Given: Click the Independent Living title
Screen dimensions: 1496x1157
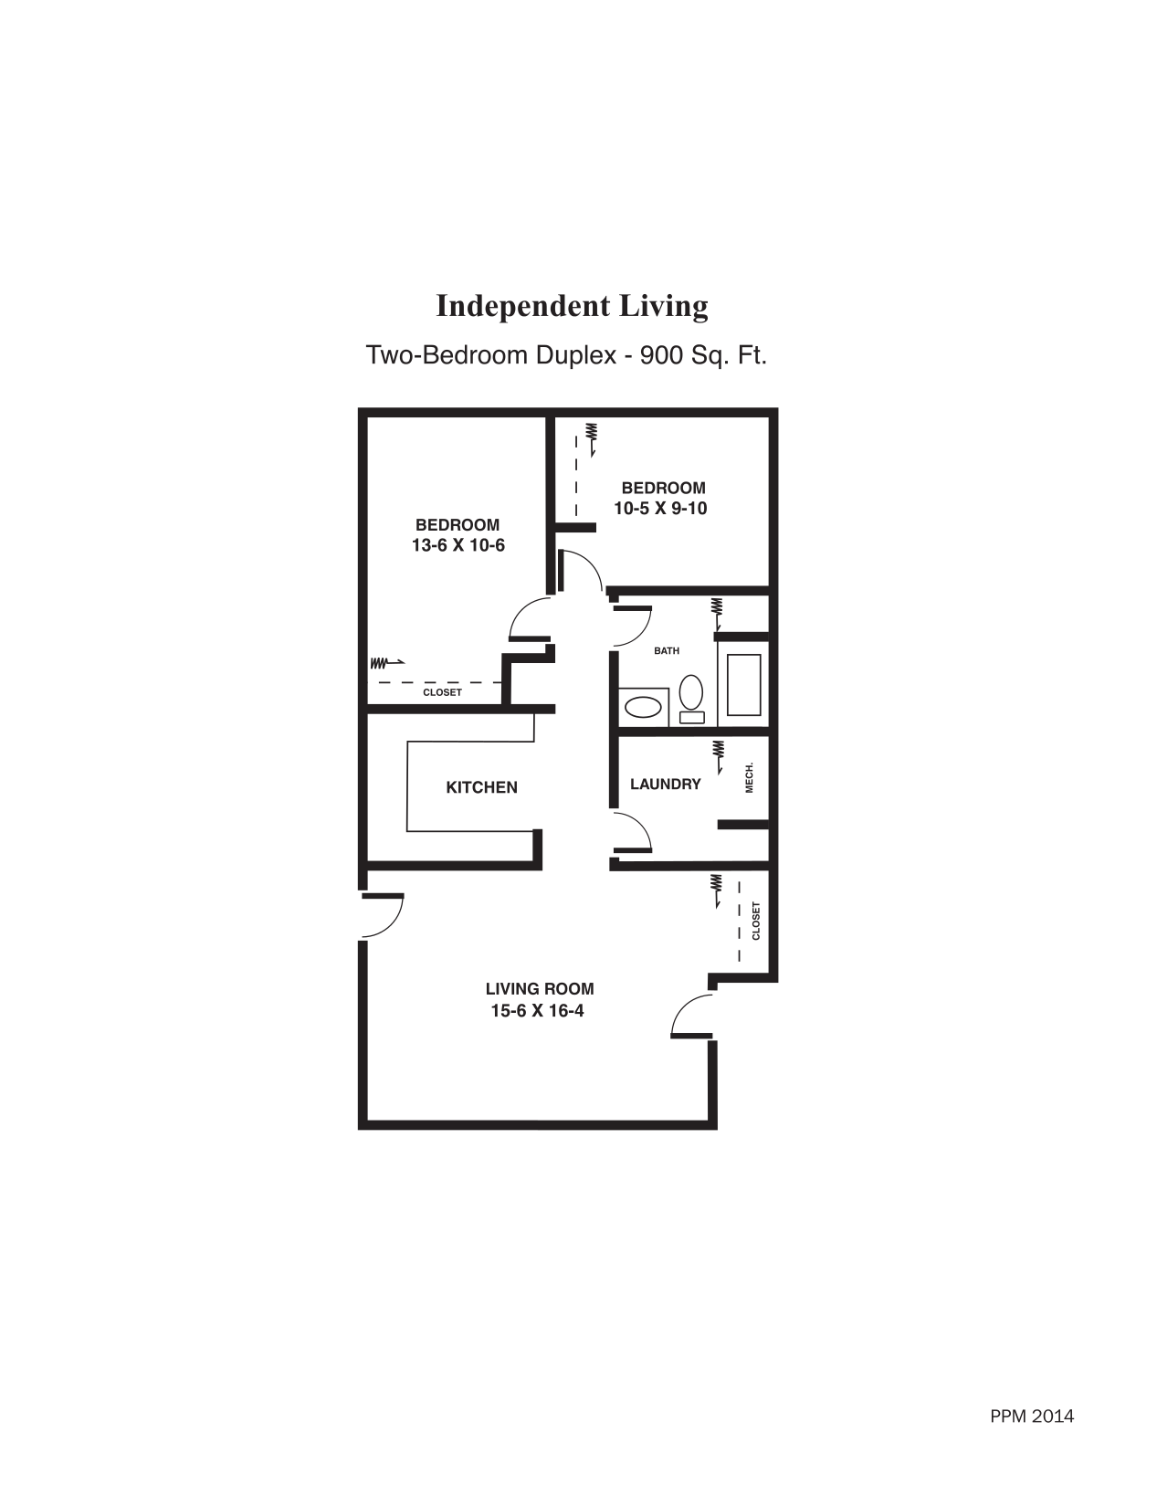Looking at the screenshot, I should tap(572, 306).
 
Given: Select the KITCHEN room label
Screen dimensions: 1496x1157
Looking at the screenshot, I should tap(481, 787).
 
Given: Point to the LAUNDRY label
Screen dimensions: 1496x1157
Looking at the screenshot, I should tap(665, 784).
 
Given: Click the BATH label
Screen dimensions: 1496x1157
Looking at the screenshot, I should tap(667, 651).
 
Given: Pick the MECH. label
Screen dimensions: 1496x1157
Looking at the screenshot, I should tap(750, 777).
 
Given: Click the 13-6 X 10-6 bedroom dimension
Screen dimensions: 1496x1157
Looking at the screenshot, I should tap(458, 546).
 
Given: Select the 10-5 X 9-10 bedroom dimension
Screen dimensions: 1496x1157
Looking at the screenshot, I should tap(660, 509).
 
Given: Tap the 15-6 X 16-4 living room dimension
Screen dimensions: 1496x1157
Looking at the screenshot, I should tap(537, 1011).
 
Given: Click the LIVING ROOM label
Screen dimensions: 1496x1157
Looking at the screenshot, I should tap(539, 989).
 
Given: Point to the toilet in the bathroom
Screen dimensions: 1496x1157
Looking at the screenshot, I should tap(691, 697).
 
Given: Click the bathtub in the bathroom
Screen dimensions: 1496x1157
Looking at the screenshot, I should tap(744, 685).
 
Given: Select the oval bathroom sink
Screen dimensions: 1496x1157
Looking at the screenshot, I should tap(643, 707).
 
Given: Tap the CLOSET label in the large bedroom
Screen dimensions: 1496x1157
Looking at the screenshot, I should tap(442, 692).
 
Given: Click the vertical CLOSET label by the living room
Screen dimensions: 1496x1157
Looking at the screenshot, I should tap(756, 921).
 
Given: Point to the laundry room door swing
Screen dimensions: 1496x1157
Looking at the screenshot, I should tap(636, 831).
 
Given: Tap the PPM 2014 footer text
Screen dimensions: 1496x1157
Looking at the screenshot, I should tap(1032, 1417).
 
